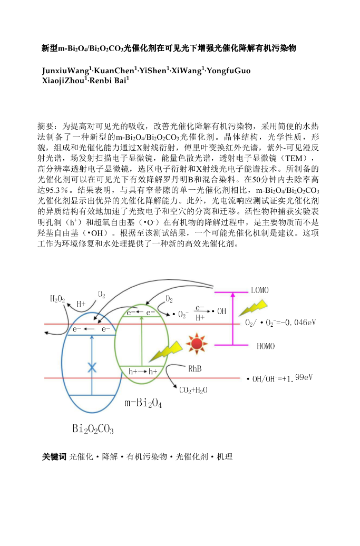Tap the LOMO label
[x=262, y=290]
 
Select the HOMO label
[x=266, y=346]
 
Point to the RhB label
[x=195, y=369]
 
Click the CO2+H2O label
[x=193, y=391]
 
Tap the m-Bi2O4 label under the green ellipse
[x=143, y=404]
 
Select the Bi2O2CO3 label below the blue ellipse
[x=93, y=430]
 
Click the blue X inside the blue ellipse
[x=92, y=366]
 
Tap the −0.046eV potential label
[x=280, y=323]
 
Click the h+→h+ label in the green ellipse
[x=143, y=372]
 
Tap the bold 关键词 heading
[x=54, y=457]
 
